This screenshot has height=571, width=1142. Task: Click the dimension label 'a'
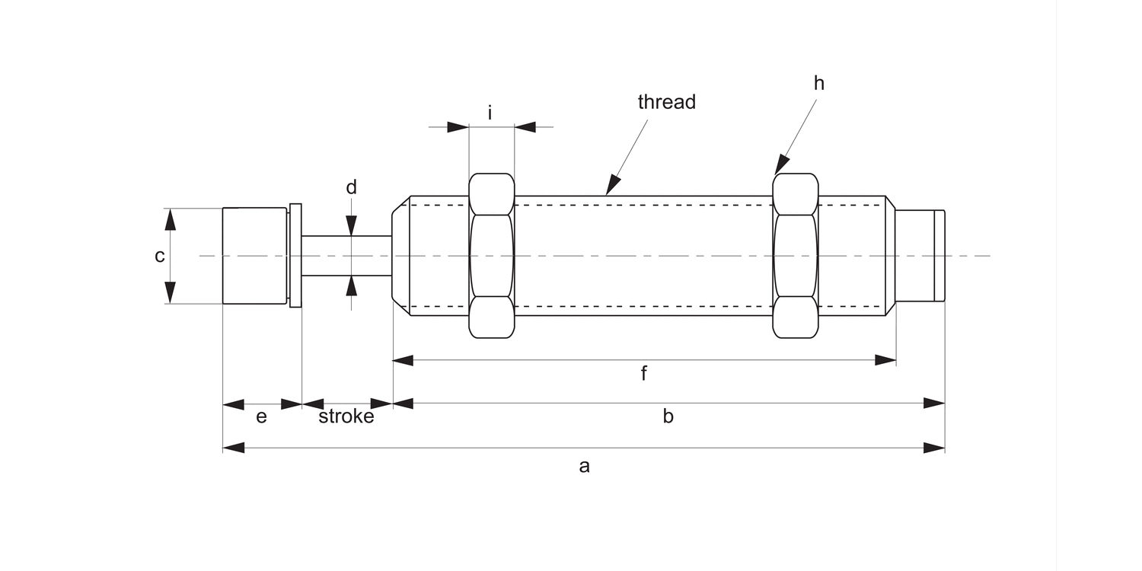tap(584, 466)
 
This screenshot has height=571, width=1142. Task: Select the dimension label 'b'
tap(668, 416)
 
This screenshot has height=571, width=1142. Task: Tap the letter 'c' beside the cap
tap(160, 256)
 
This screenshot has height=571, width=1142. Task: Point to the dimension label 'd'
tap(351, 187)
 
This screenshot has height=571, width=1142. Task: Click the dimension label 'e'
tap(261, 417)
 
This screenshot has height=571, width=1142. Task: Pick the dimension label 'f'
tap(643, 373)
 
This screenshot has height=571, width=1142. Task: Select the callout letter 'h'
tap(818, 84)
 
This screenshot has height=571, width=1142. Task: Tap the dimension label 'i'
tap(490, 113)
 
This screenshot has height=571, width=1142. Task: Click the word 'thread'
tap(666, 102)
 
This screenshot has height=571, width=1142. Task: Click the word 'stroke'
tap(346, 417)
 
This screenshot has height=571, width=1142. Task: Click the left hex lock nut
tap(492, 256)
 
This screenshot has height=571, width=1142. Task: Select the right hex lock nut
tap(796, 256)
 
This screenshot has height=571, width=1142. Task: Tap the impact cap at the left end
tap(255, 256)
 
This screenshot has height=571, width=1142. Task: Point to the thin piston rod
tap(346, 256)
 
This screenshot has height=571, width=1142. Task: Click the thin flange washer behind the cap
tap(295, 256)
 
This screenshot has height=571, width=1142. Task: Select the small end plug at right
tap(919, 256)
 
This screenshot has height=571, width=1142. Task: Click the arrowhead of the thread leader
tap(611, 187)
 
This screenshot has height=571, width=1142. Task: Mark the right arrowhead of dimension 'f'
tap(885, 360)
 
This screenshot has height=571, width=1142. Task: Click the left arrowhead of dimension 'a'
tap(233, 448)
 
